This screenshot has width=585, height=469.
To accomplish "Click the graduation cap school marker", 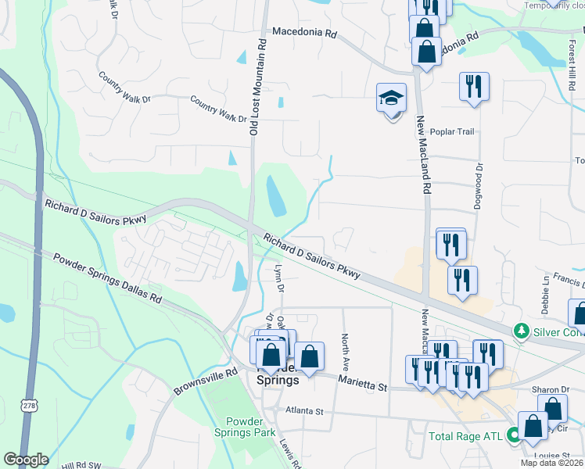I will (x=391, y=98).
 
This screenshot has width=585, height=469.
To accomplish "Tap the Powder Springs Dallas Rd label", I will (x=107, y=278).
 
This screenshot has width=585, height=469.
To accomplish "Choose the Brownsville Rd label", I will (x=205, y=382).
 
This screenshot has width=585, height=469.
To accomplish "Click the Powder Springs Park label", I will (x=239, y=427).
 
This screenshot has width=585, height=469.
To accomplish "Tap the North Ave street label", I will (x=344, y=353).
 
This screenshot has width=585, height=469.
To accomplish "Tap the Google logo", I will (x=25, y=460).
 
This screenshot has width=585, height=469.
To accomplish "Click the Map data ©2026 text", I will (x=552, y=463).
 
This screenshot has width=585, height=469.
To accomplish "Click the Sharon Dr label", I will (x=552, y=389).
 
